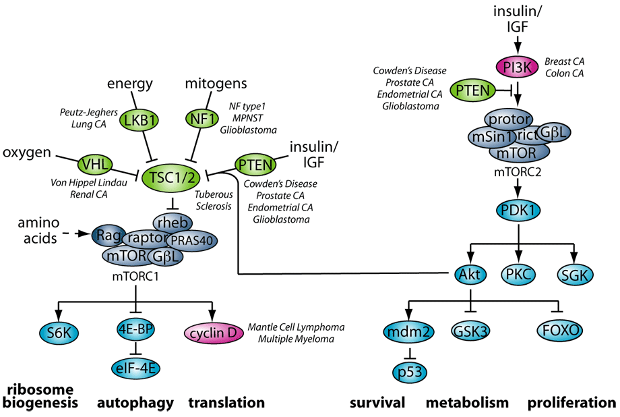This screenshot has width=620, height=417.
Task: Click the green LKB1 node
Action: point(137,121)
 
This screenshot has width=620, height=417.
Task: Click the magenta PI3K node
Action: point(517,66)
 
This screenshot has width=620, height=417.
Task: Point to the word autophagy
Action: point(135,403)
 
